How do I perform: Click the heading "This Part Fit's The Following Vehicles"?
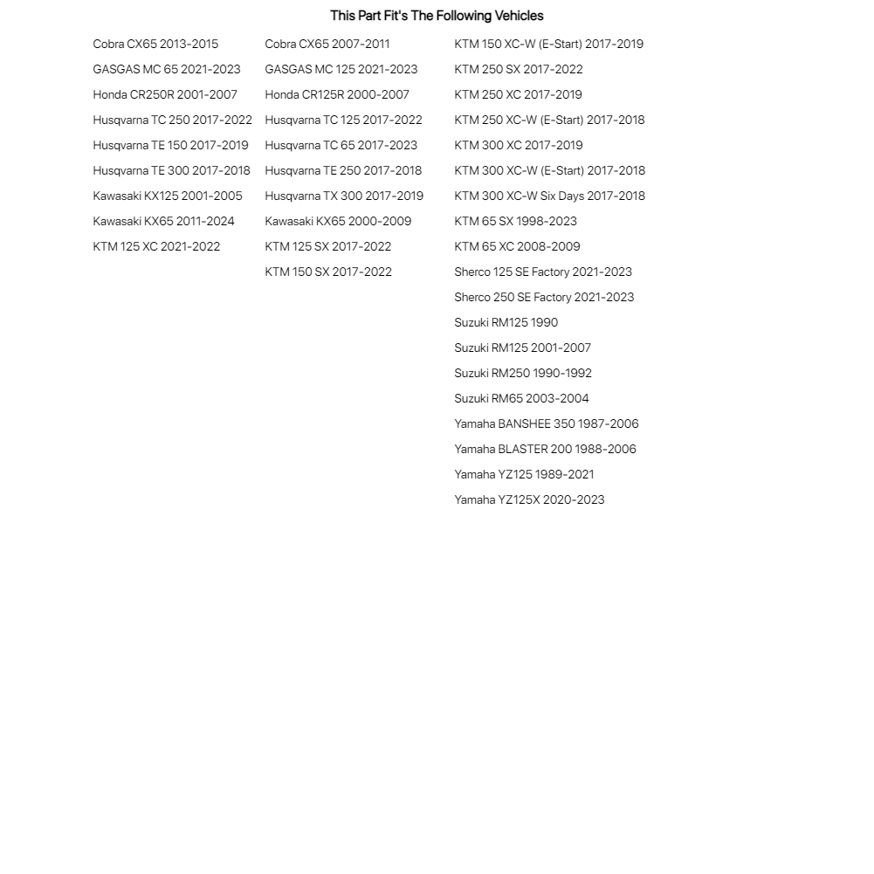point(437,16)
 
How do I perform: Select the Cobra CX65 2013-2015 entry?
point(155,44)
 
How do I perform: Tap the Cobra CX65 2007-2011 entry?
point(327,44)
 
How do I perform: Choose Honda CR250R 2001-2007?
point(165,94)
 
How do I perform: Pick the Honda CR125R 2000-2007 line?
point(337,94)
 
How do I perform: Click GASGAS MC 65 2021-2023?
point(167,69)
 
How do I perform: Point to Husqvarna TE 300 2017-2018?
point(171,170)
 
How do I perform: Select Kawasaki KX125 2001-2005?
point(168,196)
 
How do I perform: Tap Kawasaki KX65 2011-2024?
point(163,221)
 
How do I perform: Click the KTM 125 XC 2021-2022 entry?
point(156,246)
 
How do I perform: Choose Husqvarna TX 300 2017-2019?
point(344,196)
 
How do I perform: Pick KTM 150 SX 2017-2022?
point(328,272)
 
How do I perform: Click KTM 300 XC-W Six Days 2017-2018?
point(549,196)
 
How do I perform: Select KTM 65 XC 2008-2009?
point(517,246)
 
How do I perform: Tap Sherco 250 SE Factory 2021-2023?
point(544,297)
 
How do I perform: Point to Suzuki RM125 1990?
point(506,322)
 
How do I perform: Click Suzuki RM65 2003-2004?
point(521,398)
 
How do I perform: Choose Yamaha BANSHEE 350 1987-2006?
point(546,423)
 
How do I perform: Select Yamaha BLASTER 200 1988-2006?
point(545,449)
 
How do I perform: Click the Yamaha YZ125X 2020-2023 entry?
point(529,499)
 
